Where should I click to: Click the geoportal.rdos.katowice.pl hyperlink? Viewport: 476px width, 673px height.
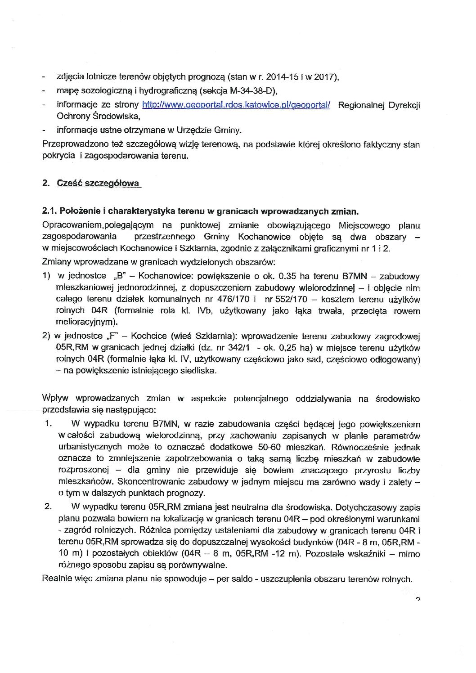click(236, 105)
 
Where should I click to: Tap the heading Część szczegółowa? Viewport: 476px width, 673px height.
click(99, 184)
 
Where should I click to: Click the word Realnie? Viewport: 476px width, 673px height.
click(55, 579)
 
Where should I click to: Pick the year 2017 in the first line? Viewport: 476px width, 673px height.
click(323, 77)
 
